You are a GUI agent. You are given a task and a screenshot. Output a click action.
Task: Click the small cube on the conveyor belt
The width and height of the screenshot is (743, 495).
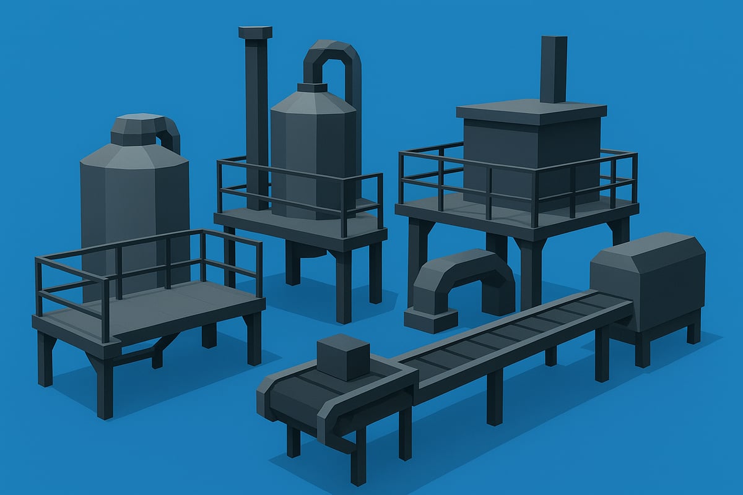pyautogui.click(x=342, y=357)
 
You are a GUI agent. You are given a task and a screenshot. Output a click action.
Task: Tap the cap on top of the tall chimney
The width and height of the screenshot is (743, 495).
pyautogui.click(x=255, y=32)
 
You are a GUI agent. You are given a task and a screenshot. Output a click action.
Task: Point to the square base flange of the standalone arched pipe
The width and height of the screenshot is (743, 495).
pyautogui.click(x=431, y=319)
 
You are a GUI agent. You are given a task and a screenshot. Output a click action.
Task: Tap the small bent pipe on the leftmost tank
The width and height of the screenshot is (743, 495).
pyautogui.click(x=170, y=130)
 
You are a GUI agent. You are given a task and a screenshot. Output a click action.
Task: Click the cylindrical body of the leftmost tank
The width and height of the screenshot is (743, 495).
pyautogui.click(x=133, y=204)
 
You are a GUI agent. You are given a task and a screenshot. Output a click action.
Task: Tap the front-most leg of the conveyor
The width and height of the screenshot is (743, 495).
pyautogui.click(x=358, y=458)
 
